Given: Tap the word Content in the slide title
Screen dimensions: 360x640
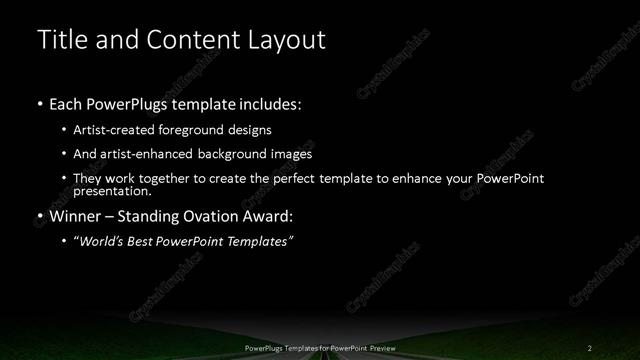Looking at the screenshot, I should coord(186,40).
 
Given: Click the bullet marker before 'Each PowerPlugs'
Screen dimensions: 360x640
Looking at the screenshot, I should coord(39,104).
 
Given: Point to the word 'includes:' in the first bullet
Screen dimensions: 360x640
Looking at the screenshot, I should coord(266,104).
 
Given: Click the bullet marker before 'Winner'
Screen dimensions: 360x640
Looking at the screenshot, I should coord(39,215).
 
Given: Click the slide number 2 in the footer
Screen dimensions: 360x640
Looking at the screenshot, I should coord(590,347).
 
